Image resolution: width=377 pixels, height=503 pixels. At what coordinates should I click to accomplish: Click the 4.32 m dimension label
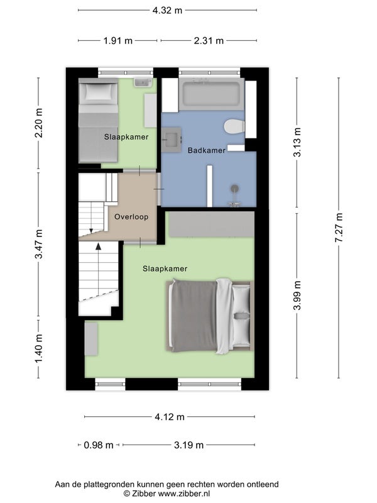click(x=167, y=10)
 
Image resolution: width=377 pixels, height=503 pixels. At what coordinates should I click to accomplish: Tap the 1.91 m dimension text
click(x=117, y=41)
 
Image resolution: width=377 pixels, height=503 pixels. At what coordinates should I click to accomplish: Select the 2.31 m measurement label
click(x=209, y=41)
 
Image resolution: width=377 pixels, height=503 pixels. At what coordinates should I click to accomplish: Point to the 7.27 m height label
click(x=339, y=228)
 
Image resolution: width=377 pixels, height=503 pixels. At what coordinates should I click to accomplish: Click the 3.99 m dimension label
click(x=297, y=295)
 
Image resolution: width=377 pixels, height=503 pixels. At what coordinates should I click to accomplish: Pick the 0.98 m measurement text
click(x=99, y=445)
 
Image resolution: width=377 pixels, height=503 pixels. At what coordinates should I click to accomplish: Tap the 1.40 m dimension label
click(x=39, y=349)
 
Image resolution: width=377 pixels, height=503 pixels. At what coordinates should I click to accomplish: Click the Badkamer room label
click(x=207, y=150)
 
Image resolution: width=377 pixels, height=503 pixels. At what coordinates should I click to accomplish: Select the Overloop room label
click(x=131, y=217)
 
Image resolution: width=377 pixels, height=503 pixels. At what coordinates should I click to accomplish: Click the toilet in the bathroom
click(x=234, y=126)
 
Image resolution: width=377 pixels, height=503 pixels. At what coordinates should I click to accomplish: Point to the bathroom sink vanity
click(x=171, y=140)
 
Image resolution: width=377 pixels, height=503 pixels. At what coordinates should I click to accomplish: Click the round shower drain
click(x=235, y=188)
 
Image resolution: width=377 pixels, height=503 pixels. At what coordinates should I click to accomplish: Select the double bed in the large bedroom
click(x=210, y=316)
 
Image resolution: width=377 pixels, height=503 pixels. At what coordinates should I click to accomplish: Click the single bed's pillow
click(x=99, y=92)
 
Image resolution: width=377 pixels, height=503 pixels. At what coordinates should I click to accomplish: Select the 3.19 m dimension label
click(x=189, y=445)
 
